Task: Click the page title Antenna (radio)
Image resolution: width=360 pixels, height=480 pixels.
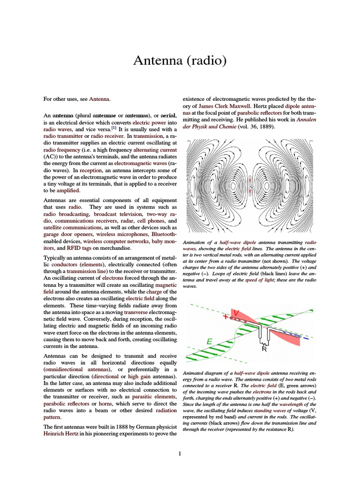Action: coord(180,60)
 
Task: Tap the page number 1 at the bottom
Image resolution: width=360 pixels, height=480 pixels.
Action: coord(180,453)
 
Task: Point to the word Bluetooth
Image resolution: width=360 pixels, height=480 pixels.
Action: coord(162,234)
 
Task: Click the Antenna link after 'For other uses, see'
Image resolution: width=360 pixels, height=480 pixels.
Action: coord(99,99)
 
